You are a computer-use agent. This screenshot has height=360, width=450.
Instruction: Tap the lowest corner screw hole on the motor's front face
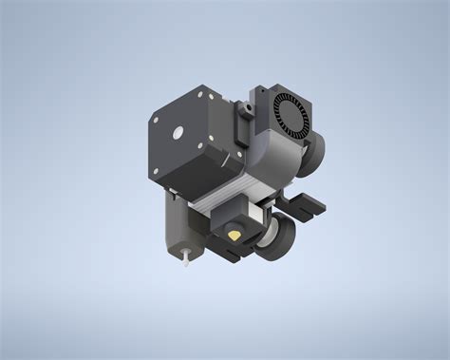pyautogui.click(x=155, y=172)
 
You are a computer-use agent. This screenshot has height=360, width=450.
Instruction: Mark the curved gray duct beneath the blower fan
pyautogui.click(x=281, y=157)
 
